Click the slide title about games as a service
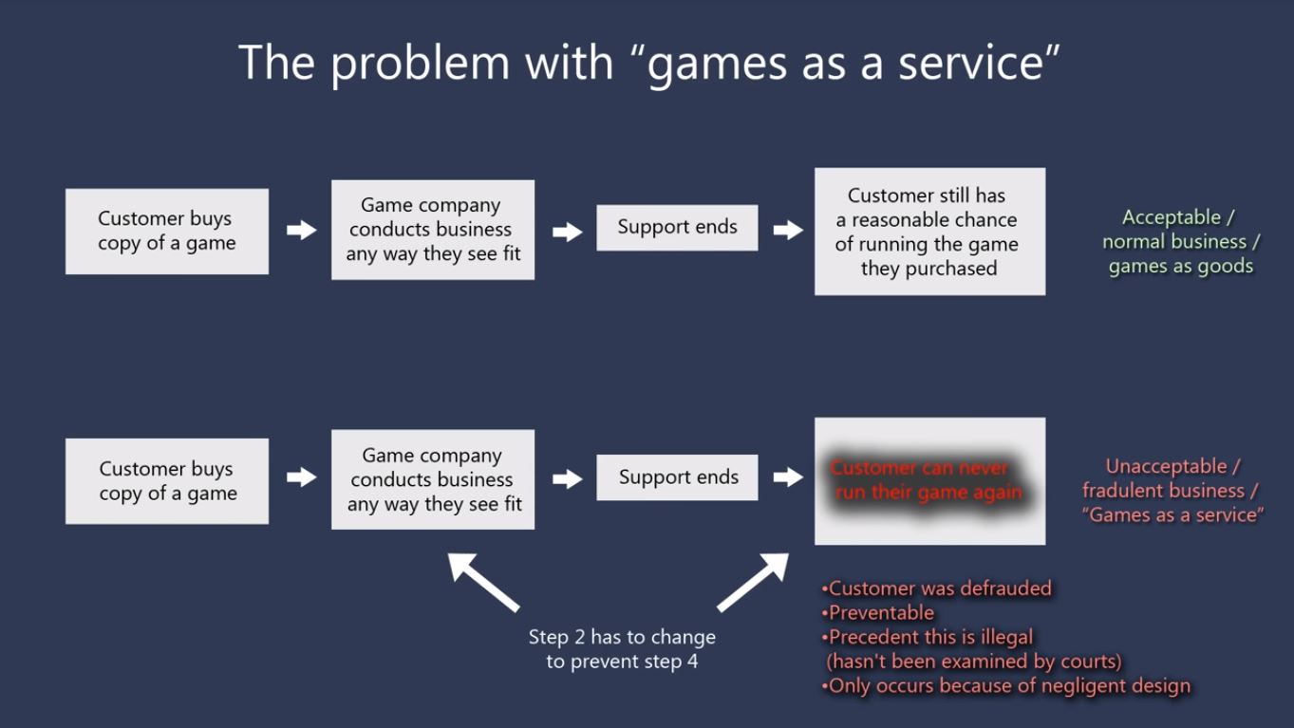pyautogui.click(x=648, y=64)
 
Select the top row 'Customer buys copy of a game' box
pyautogui.click(x=167, y=231)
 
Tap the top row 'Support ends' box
pyautogui.click(x=677, y=227)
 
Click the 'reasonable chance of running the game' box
pyautogui.click(x=929, y=232)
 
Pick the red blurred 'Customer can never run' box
pyautogui.click(x=929, y=480)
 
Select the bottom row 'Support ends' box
pyautogui.click(x=677, y=476)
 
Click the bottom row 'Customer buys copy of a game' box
pyautogui.click(x=167, y=480)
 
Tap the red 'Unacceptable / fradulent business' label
pyautogui.click(x=1172, y=491)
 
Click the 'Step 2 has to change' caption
pyautogui.click(x=622, y=649)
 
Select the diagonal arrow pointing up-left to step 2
pyautogui.click(x=482, y=582)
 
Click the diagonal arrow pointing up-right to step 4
pyautogui.click(x=754, y=582)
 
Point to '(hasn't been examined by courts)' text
pyautogui.click(x=974, y=662)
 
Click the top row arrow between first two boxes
pyautogui.click(x=301, y=230)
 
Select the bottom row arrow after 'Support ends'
pyautogui.click(x=787, y=476)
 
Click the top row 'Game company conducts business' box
pyautogui.click(x=433, y=230)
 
